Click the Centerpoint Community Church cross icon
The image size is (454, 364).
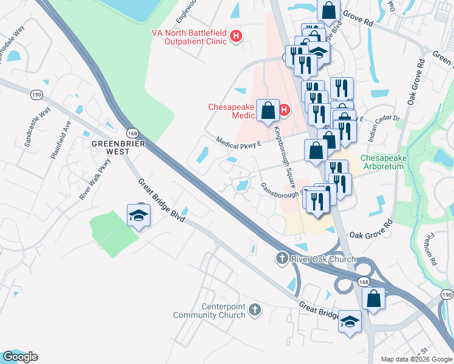click(x=256, y=310)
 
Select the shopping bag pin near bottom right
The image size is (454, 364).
click(x=373, y=298)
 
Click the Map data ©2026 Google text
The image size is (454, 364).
click(x=416, y=359)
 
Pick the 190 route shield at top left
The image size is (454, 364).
click(x=37, y=95)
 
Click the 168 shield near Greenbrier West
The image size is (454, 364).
click(x=132, y=133)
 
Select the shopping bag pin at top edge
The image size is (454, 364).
click(x=328, y=10)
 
